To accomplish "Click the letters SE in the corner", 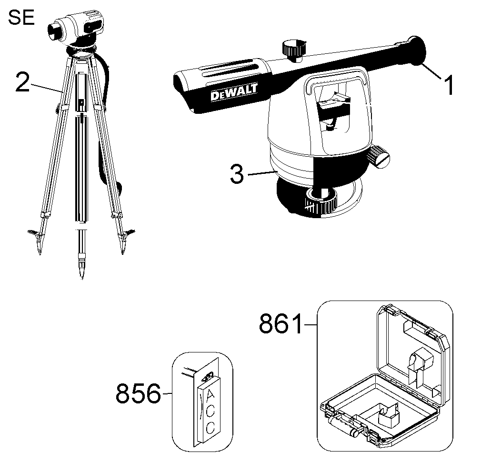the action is coord(21,18).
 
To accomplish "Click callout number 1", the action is coord(449,85).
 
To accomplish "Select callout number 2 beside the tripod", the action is coord(23,82).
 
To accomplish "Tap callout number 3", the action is coord(237,174).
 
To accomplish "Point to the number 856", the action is coord(139,393).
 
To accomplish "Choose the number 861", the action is coord(281,324).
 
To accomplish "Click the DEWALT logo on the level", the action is coord(234,92).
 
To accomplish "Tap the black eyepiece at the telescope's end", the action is coord(417,50).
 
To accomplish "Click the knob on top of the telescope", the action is coord(294,49).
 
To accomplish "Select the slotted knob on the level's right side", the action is coord(379,157).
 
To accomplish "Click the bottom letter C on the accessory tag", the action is coord(210,427).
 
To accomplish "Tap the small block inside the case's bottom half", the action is coord(389,416).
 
